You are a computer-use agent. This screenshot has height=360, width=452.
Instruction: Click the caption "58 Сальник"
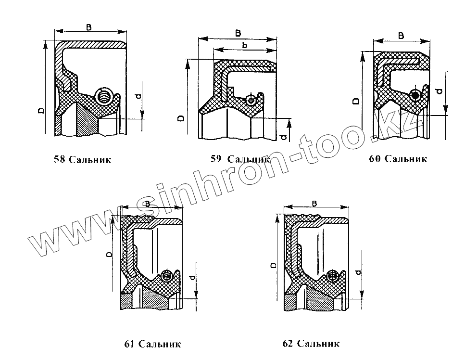pyautogui.click(x=83, y=160)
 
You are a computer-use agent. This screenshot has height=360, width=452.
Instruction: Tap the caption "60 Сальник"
pyautogui.click(x=398, y=159)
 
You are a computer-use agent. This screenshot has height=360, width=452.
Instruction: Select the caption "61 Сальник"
pyautogui.click(x=152, y=344)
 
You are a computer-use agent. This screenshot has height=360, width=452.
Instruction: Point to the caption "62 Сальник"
pyautogui.click(x=311, y=343)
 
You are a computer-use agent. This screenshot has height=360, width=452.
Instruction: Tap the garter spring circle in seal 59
pyautogui.click(x=250, y=100)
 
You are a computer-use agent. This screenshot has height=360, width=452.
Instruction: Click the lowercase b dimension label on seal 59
pyautogui.click(x=245, y=45)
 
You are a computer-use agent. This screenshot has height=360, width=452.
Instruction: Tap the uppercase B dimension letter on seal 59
pyautogui.click(x=239, y=33)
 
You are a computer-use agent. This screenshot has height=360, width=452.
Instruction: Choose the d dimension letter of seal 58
pyautogui.click(x=138, y=97)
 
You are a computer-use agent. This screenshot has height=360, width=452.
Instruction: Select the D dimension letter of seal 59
pyautogui.click(x=180, y=117)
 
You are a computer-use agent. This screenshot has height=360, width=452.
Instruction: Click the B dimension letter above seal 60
pyautogui.click(x=402, y=36)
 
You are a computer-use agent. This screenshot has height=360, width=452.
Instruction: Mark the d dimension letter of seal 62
pyautogui.click(x=358, y=273)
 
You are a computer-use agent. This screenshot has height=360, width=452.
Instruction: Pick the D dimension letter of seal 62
pyautogui.click(x=273, y=265)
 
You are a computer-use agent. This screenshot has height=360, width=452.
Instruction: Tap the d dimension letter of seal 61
pyautogui.click(x=192, y=278)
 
